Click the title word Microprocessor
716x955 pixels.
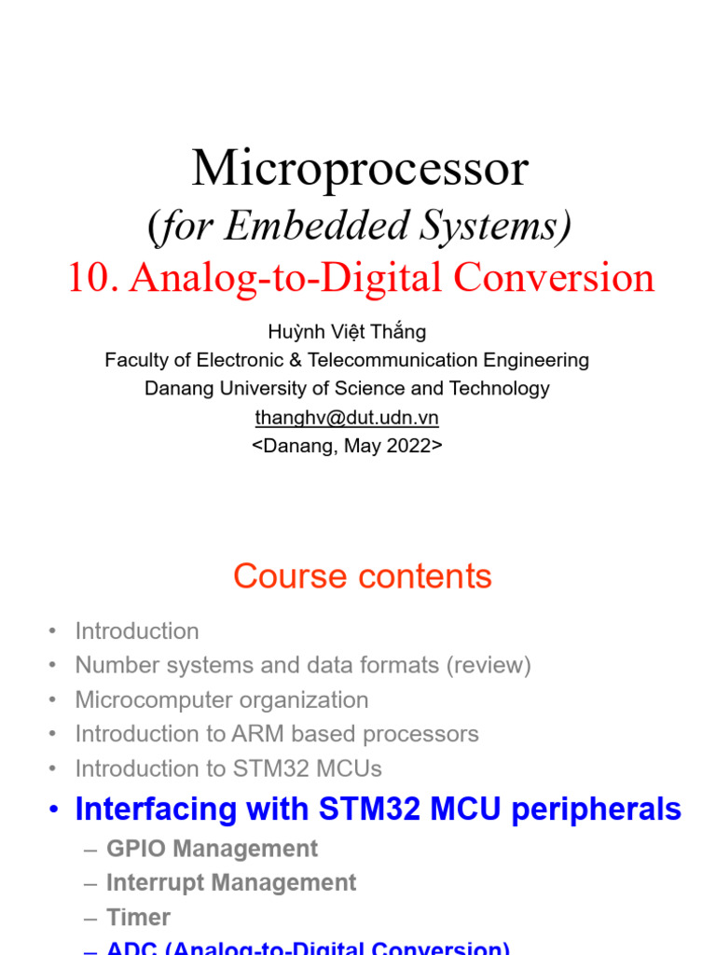[x=360, y=169]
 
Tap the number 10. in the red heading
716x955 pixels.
[x=93, y=278]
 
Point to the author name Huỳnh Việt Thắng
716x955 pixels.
[x=347, y=331]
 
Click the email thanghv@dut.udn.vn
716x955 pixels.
[x=347, y=418]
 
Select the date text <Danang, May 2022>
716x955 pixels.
[x=347, y=446]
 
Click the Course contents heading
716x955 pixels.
[x=362, y=576]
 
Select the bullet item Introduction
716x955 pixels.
[x=137, y=631]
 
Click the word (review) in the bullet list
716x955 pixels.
[x=487, y=666]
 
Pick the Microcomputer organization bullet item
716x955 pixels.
[x=222, y=699]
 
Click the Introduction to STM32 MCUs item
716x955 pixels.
[x=228, y=768]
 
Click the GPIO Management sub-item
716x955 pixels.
[x=212, y=849]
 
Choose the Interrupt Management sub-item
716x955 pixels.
[x=231, y=882]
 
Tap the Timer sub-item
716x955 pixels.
[x=138, y=917]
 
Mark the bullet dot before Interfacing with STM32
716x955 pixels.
[x=54, y=810]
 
